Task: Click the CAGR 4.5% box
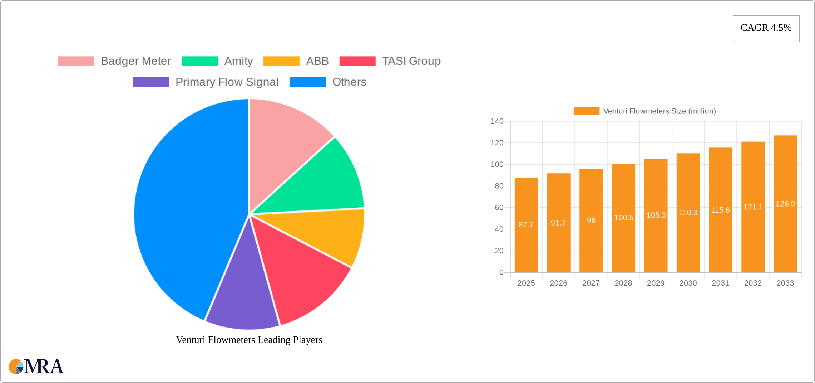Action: [766, 28]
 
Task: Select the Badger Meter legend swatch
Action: [76, 61]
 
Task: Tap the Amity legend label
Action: [238, 61]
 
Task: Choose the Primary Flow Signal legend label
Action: [227, 82]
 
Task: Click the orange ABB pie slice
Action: [329, 233]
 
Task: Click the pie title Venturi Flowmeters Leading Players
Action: [249, 340]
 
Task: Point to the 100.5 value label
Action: [624, 218]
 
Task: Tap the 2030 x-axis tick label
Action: [688, 283]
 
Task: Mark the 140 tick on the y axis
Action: [497, 121]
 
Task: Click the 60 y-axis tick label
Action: [499, 208]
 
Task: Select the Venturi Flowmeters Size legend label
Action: [660, 111]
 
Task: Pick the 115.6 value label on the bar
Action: [720, 210]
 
